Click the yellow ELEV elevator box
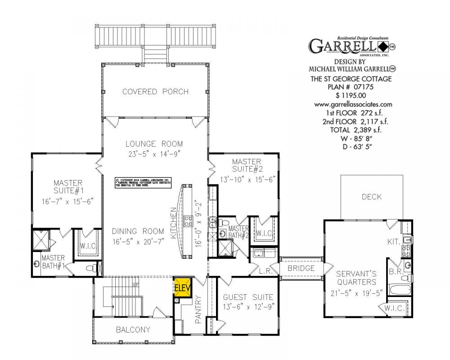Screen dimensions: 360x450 click(183, 288)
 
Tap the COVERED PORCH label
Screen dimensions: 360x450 click(155, 92)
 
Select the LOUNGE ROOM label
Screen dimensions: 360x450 click(154, 144)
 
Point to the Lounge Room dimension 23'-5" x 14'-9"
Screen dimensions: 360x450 click(154, 153)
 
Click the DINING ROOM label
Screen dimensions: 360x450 click(138, 231)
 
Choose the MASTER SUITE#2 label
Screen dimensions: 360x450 click(247, 165)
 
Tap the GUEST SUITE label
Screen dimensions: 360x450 click(248, 297)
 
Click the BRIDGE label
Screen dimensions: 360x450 click(301, 268)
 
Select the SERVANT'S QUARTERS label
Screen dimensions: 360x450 click(356, 278)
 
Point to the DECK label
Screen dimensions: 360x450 click(371, 197)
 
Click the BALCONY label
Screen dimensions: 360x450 click(133, 330)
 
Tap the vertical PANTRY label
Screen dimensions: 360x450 click(198, 310)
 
